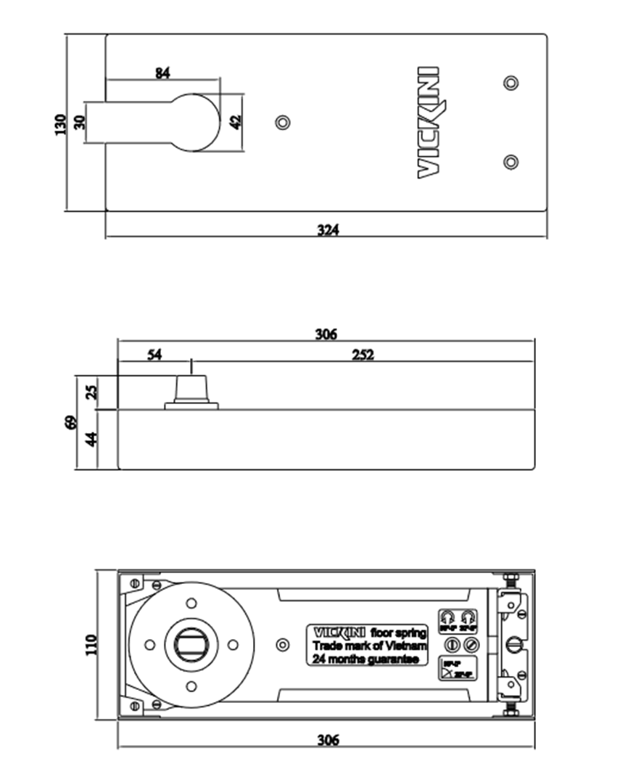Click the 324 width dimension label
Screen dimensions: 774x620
tap(328, 230)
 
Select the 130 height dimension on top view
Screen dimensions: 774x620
tap(60, 123)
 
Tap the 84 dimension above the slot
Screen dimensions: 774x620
tap(162, 73)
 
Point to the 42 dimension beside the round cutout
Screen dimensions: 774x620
tap(235, 122)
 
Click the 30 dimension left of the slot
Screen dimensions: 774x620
tap(79, 123)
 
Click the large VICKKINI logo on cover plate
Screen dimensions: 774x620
tap(429, 122)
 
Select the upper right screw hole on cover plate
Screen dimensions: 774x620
tap(511, 83)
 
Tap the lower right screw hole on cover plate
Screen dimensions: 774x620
tap(511, 162)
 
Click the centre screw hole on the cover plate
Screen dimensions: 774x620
tap(282, 122)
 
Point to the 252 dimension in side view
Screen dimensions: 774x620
tap(363, 355)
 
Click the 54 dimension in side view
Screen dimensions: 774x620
tap(154, 355)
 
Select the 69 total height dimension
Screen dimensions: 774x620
tap(70, 422)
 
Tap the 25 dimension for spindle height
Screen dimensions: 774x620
tap(91, 392)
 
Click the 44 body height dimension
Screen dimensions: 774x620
tap(91, 439)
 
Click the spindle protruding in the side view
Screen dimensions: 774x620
tap(191, 387)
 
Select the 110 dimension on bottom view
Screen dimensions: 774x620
tap(90, 644)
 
